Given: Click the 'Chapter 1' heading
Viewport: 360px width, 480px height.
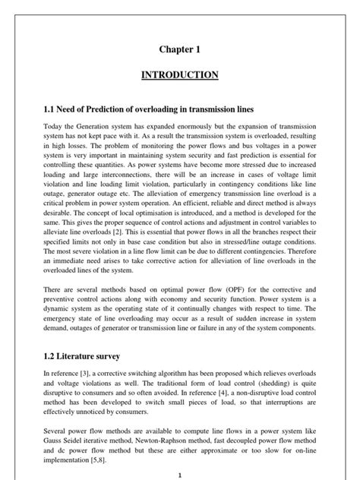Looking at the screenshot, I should click(x=180, y=49).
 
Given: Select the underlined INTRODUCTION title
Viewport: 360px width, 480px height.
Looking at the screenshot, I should click(x=180, y=75).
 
